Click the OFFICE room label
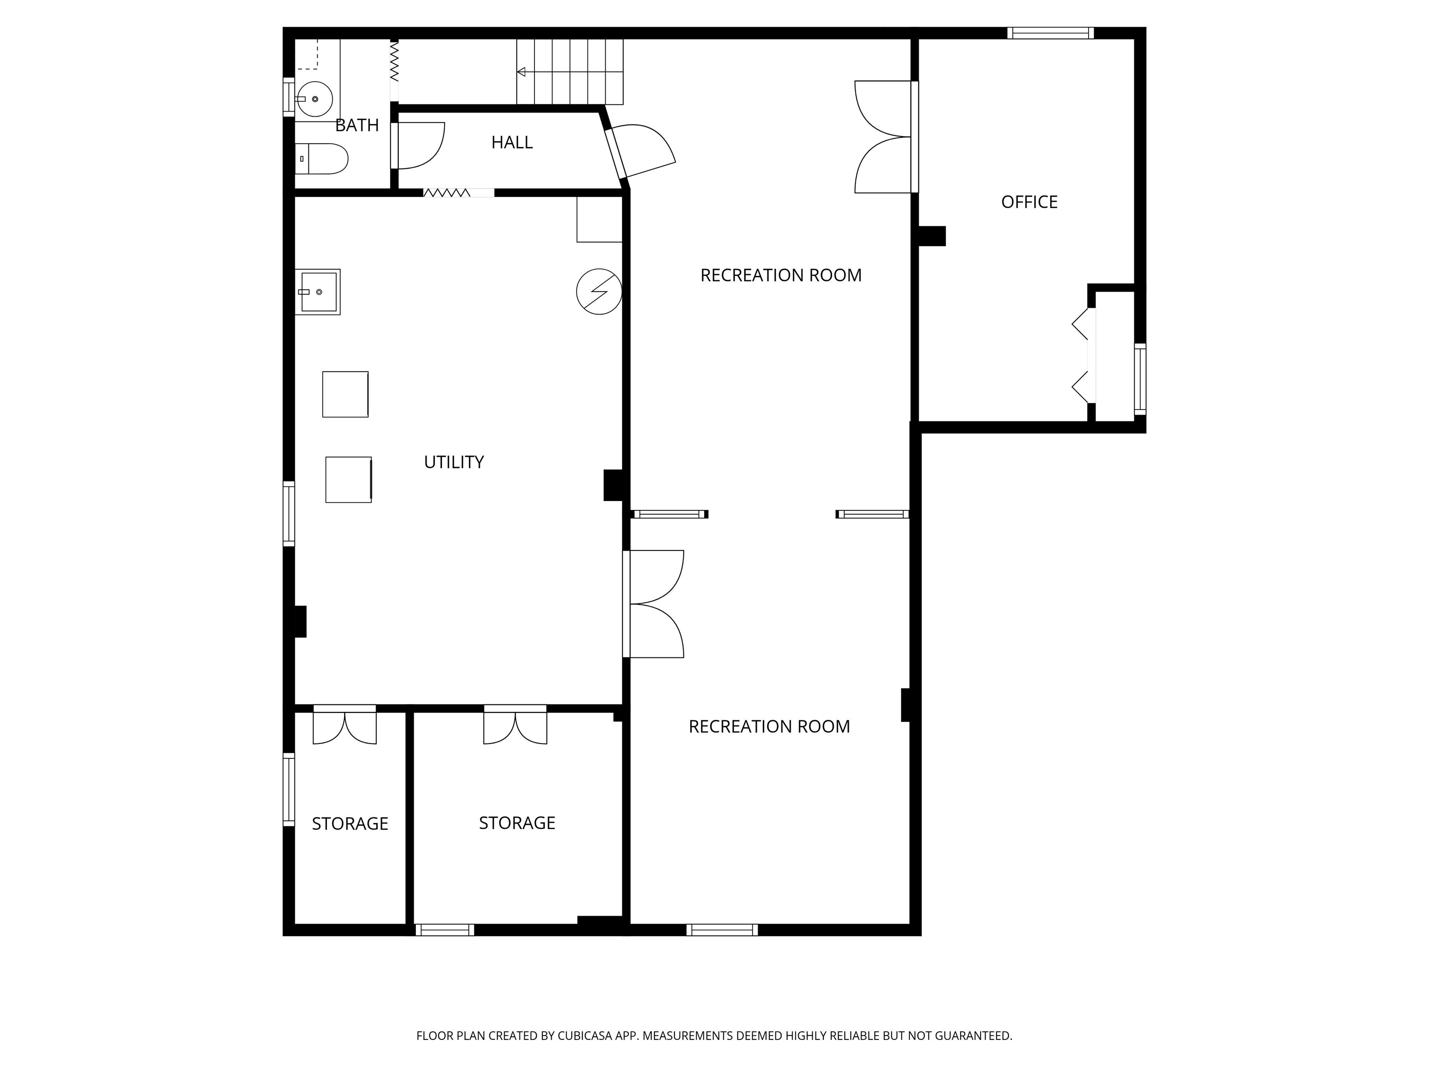click(x=1029, y=202)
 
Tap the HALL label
click(x=512, y=142)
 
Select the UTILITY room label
click(x=454, y=462)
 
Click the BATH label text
click(x=357, y=125)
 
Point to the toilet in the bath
click(x=322, y=159)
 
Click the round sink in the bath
click(x=314, y=99)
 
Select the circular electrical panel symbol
click(x=599, y=291)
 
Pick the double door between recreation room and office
click(x=882, y=137)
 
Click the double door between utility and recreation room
click(x=653, y=604)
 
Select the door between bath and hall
click(x=418, y=145)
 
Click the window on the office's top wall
click(x=1050, y=33)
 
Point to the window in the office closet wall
click(x=1140, y=379)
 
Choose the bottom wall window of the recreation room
click(x=722, y=930)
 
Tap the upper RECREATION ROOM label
click(x=781, y=275)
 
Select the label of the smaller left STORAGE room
click(x=350, y=824)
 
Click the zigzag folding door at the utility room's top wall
click(x=447, y=193)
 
